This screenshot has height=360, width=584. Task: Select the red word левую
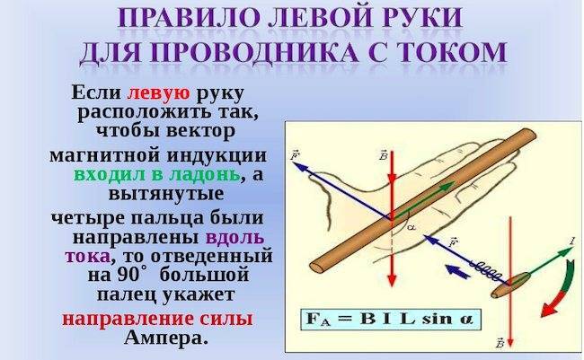(158, 93)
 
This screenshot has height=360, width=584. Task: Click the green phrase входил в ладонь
(156, 174)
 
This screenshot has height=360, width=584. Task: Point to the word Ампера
(165, 338)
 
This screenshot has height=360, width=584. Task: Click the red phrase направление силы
(157, 319)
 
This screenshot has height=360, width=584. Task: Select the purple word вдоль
(234, 237)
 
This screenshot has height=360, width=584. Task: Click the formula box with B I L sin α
(391, 320)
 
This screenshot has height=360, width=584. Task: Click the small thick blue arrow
(457, 270)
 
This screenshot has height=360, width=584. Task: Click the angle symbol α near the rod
(411, 227)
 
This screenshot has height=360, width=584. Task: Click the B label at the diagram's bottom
(500, 343)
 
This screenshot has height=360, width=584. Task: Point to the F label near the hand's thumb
(294, 155)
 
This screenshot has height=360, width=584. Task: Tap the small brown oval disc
(510, 285)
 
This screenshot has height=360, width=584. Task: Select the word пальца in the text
(166, 218)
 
